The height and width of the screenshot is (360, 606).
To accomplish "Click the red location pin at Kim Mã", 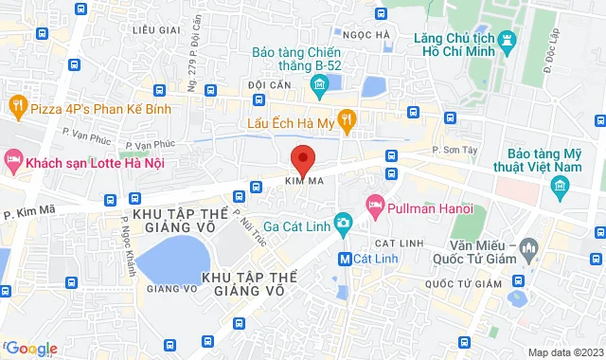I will (x=302, y=158).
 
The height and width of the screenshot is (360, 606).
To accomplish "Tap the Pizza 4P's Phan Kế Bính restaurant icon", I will (x=16, y=103).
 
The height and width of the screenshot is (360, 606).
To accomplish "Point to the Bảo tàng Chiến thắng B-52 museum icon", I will (x=319, y=87).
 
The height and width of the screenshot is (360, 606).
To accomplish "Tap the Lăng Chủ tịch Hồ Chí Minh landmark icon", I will (x=508, y=40).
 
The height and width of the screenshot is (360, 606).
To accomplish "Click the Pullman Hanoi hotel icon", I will (x=375, y=204).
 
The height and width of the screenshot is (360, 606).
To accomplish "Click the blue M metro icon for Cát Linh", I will (x=347, y=258).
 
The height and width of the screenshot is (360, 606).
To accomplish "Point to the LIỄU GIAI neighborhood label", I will (x=156, y=30).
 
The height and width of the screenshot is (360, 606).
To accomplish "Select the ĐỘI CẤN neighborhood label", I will (x=268, y=84).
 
